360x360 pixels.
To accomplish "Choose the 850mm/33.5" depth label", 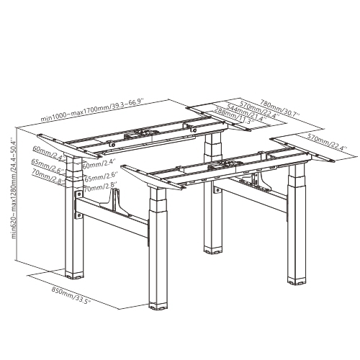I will (71, 296).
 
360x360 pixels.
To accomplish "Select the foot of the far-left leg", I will (73, 274).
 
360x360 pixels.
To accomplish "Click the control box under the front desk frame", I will (217, 169).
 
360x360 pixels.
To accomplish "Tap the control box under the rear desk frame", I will (140, 134).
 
